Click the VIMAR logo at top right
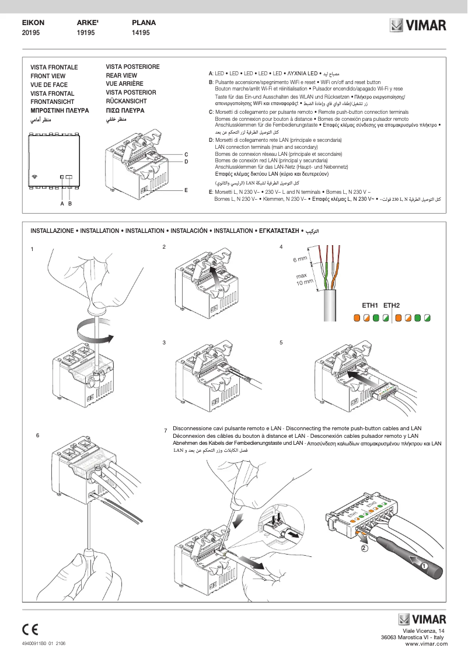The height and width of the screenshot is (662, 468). click(x=418, y=26)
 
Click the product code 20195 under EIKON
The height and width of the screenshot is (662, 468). click(x=30, y=34)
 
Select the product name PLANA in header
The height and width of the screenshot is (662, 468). click(x=144, y=23)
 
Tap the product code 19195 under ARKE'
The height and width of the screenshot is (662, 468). click(x=86, y=34)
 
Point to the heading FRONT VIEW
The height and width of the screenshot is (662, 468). click(x=48, y=76)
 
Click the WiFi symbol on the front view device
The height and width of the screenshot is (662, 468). click(x=35, y=176)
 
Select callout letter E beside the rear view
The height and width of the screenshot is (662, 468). click(x=186, y=190)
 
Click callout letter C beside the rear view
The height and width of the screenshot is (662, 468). click(x=186, y=154)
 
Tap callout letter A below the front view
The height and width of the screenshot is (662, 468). click(x=62, y=204)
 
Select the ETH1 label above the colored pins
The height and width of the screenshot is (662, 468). click(x=371, y=305)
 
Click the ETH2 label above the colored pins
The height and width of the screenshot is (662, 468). click(x=392, y=305)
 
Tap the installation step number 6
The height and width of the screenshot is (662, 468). click(x=37, y=435)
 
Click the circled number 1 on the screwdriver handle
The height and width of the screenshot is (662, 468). click(x=424, y=566)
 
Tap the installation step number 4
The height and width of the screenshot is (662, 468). click(x=281, y=247)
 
